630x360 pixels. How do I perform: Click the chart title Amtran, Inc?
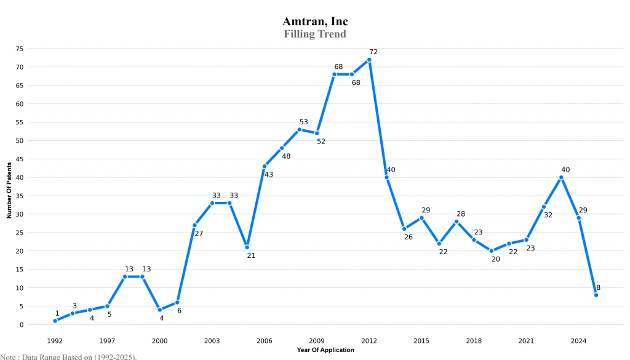[315, 22]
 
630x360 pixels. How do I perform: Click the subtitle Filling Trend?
[315, 34]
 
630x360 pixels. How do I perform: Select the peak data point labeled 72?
[369, 60]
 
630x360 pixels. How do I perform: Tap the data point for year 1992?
[55, 321]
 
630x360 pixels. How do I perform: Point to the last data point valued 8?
[596, 295]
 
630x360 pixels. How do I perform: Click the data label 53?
[303, 122]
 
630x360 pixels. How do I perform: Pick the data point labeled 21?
[247, 247]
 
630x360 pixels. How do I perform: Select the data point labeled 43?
[265, 166]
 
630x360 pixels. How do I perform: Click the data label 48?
[286, 156]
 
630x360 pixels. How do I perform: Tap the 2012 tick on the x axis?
[369, 340]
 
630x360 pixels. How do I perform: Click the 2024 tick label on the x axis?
[578, 340]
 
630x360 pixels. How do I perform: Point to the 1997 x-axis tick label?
[107, 340]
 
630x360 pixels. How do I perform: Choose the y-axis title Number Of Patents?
[9, 190]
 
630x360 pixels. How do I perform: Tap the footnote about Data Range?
[68, 356]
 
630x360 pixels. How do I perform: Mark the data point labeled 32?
[544, 207]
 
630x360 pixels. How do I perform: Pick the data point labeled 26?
[404, 229]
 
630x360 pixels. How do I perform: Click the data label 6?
[180, 311]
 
